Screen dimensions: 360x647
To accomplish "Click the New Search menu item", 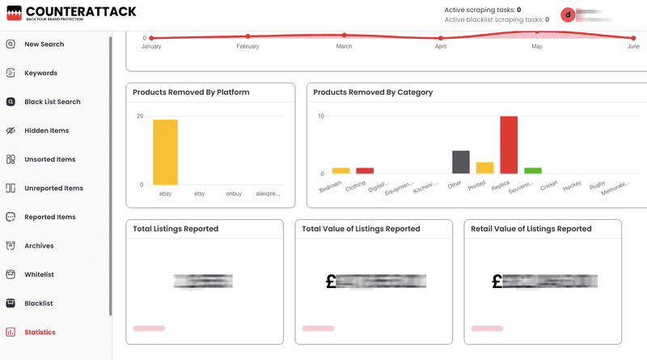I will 44,44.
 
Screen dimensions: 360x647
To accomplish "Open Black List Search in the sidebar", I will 52,102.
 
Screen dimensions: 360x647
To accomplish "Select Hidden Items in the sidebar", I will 46,130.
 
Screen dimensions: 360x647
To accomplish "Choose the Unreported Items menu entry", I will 53,188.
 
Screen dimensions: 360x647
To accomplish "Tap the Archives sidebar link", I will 40,246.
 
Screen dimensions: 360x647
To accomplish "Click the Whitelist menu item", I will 39,274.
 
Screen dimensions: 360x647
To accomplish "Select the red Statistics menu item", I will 40,332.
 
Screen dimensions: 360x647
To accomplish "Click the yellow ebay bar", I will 165,151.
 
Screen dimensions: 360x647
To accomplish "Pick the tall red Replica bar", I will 509,145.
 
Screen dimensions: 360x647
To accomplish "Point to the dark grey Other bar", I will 461,162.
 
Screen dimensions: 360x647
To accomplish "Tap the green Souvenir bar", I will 532,171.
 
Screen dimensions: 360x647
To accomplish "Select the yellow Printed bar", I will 484,167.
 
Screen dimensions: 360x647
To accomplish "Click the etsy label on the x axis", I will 200,194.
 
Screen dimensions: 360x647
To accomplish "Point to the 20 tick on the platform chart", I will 140,116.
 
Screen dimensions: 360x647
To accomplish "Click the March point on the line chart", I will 345,35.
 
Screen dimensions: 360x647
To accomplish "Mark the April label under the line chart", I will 441,47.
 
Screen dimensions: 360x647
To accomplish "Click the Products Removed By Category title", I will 373,92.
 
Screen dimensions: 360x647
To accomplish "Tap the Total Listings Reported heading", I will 175,229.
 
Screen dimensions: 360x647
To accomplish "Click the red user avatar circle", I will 568,15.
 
